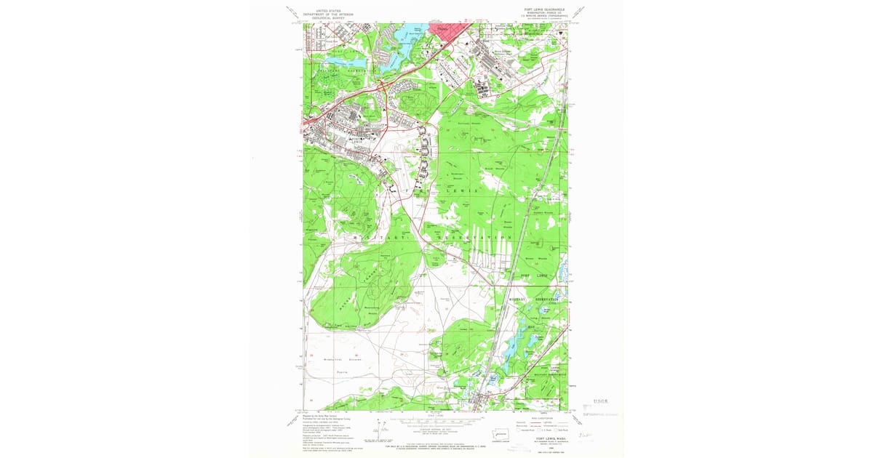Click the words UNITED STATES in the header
click(x=323, y=11)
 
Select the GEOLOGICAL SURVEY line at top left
click(x=323, y=18)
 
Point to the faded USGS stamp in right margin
click(x=599, y=401)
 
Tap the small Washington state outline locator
click(x=503, y=434)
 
